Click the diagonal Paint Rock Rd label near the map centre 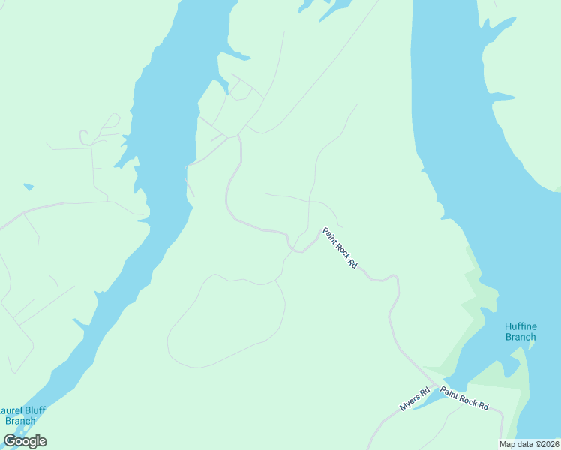[x=340, y=248]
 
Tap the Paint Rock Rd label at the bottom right [x=464, y=398]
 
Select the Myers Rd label [x=414, y=399]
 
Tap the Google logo [x=25, y=440]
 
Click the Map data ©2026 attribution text [x=529, y=444]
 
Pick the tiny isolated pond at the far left [x=28, y=187]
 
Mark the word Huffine [x=520, y=325]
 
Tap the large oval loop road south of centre [x=225, y=321]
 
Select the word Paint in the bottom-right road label [x=451, y=393]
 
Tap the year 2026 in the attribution [x=548, y=444]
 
